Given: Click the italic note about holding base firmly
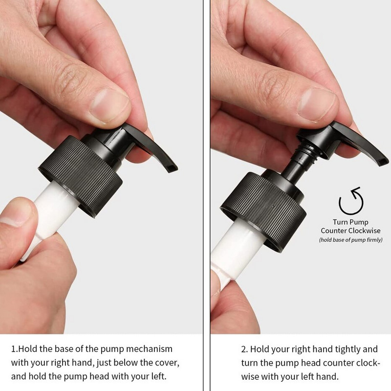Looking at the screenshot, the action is (350, 240).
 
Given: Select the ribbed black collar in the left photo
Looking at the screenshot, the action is (80, 176).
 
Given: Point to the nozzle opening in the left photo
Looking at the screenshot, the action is (172, 168).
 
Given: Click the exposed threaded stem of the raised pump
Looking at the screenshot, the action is (305, 152).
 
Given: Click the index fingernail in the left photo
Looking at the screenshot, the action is (109, 106).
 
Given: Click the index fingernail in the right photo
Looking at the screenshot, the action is (317, 105).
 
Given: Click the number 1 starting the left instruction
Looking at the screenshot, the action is (14, 349).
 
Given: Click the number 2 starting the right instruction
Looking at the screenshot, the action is (244, 349).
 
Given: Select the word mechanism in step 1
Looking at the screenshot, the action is (149, 349).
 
